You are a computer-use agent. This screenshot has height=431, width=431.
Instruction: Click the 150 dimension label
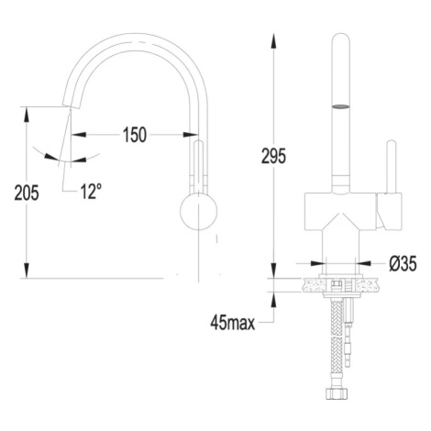pos(135,135)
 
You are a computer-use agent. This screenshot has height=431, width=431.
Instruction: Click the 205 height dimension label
pos(27,193)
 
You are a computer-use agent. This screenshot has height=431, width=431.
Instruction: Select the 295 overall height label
pos(273,156)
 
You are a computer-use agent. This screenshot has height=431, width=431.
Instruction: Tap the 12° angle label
pos(91,192)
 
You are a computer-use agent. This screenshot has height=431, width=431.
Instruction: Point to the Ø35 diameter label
pos(403,263)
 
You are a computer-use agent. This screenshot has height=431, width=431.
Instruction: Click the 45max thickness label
pos(233,323)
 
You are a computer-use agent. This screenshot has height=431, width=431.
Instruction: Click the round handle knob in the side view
pos(199,212)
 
